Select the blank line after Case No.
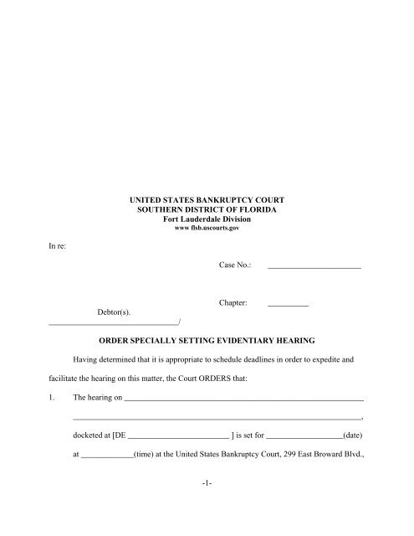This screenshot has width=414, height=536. point(314,266)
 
